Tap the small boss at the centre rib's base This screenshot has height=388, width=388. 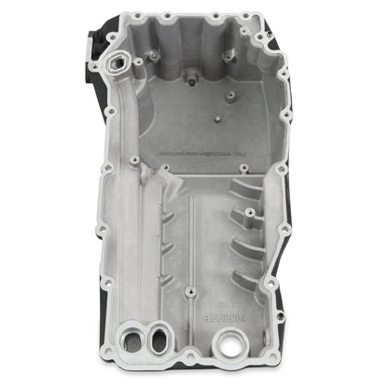[189, 292]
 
